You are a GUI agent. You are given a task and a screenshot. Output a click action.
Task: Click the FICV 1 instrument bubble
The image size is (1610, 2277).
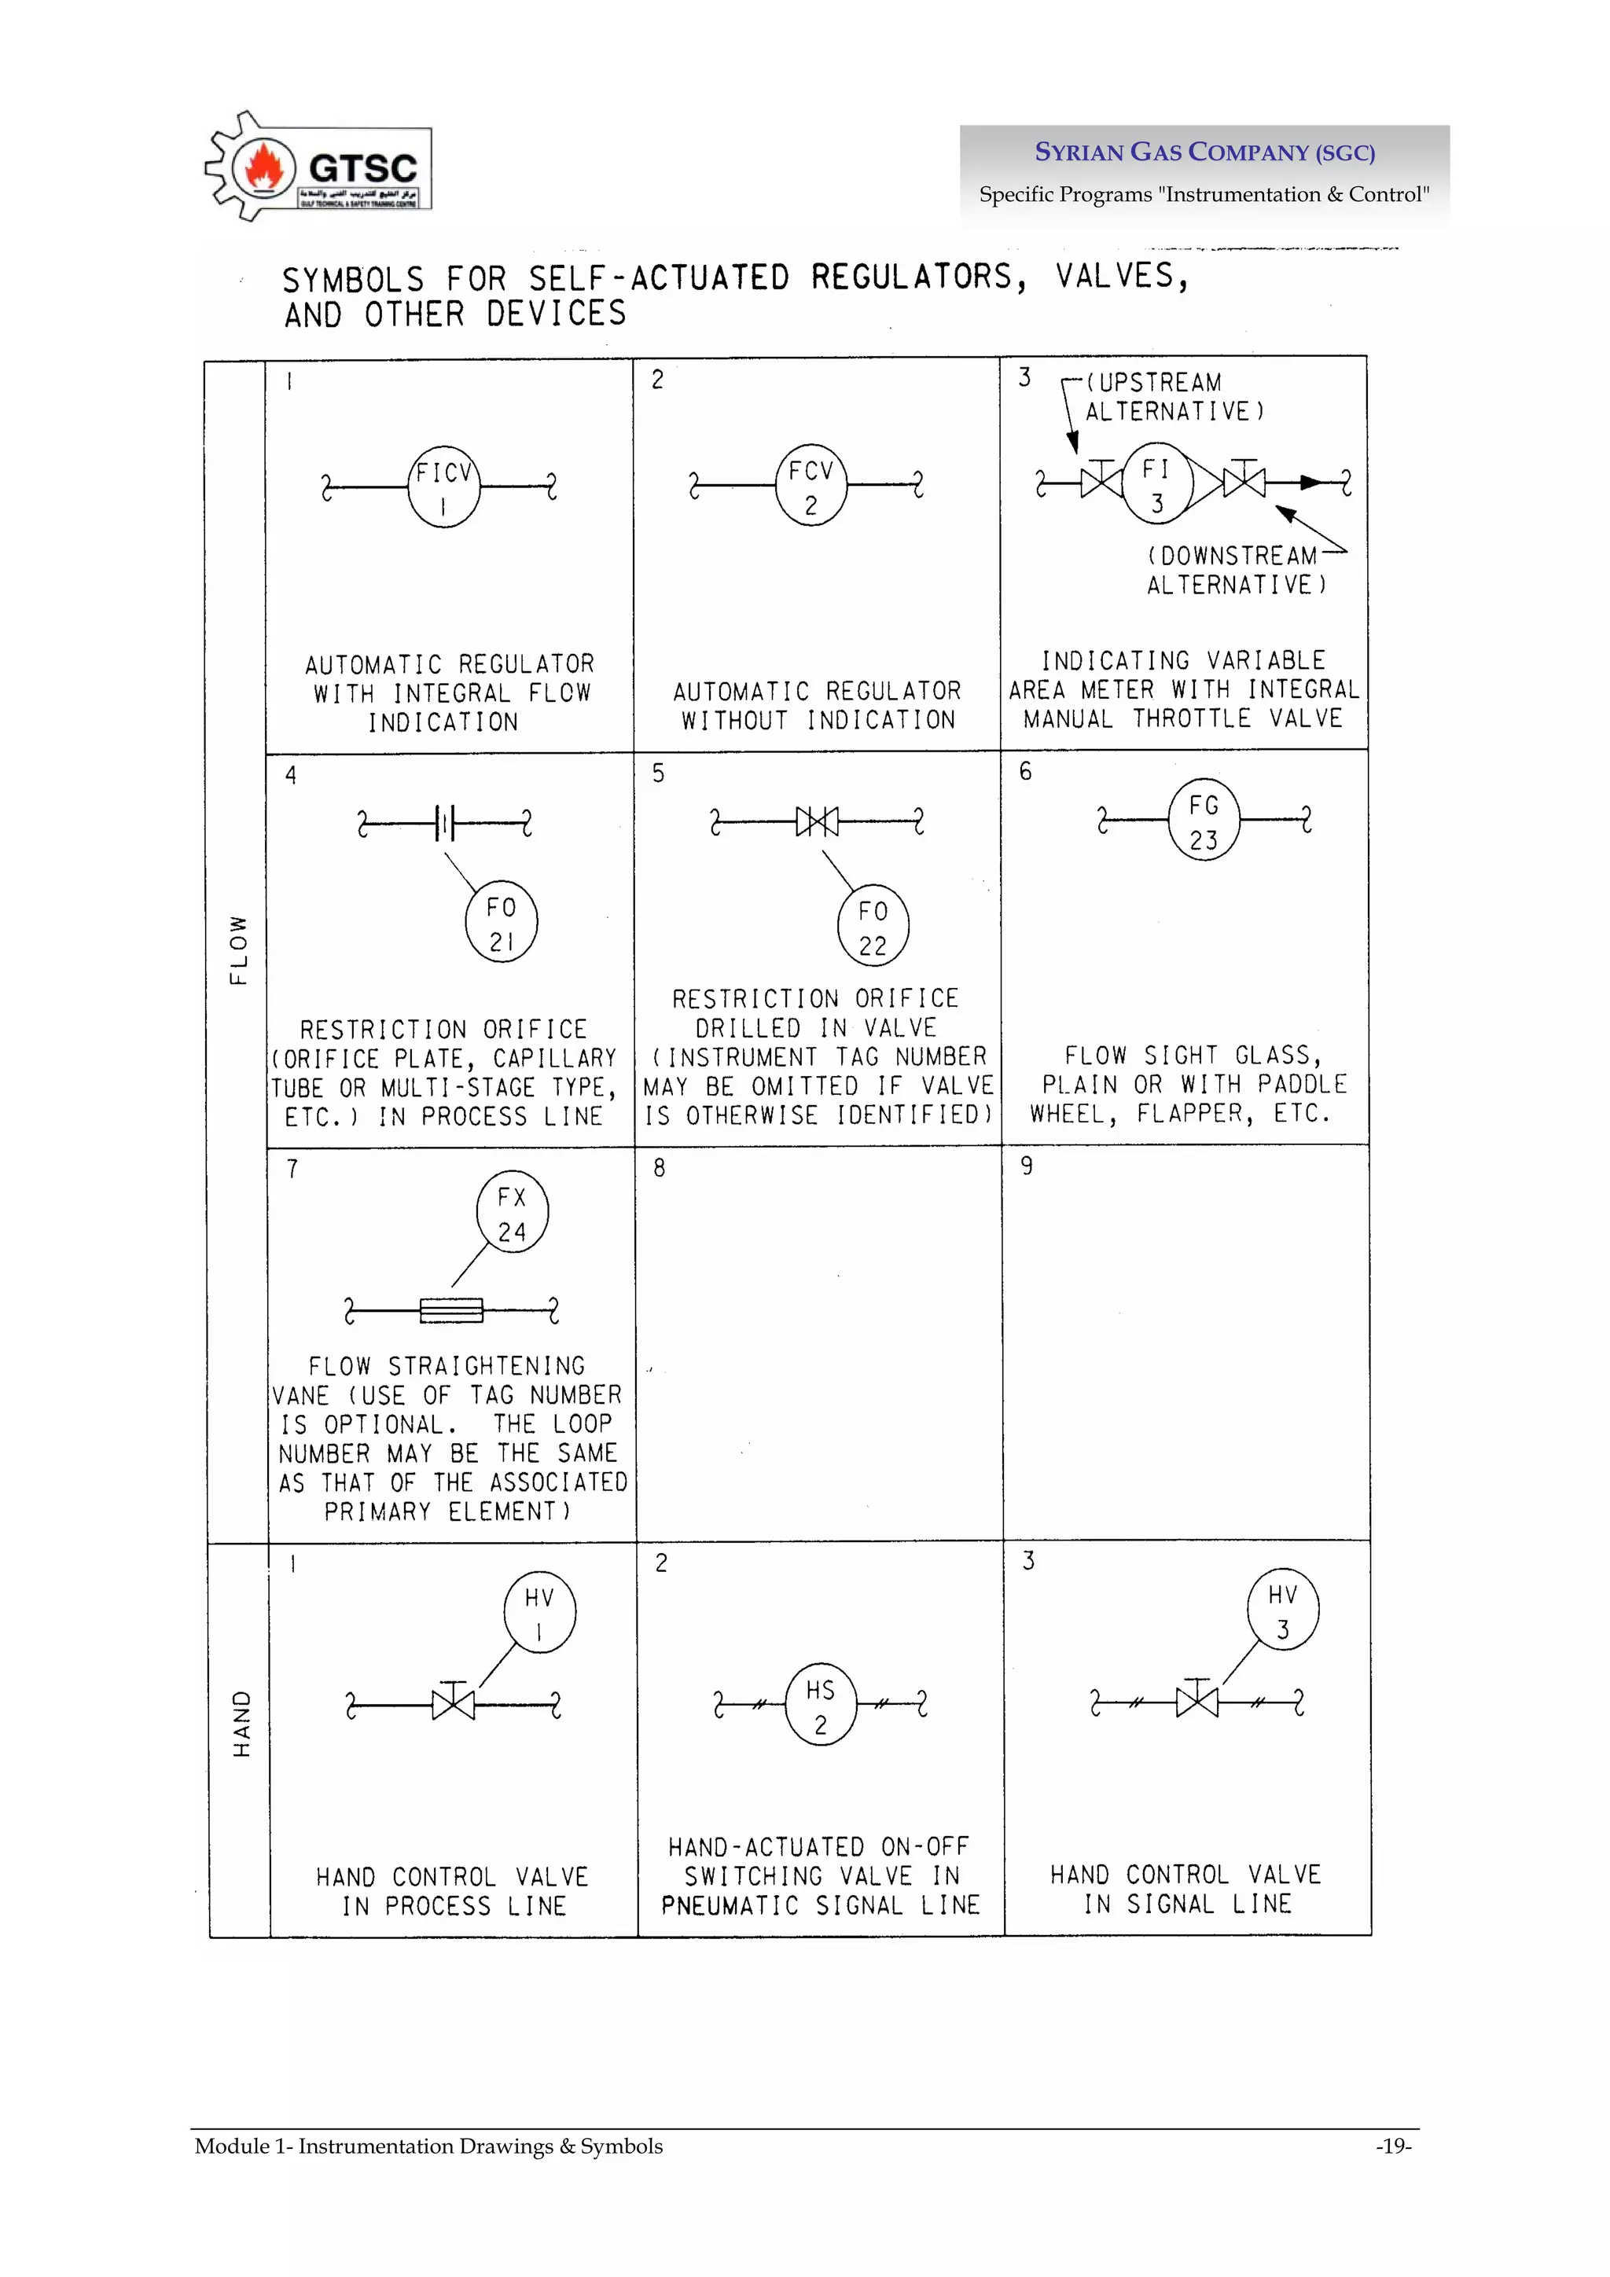point(443,487)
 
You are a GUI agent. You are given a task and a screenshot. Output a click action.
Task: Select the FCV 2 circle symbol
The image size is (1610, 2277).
point(811,485)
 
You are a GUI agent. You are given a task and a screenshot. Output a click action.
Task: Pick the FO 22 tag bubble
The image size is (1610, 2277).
point(873,926)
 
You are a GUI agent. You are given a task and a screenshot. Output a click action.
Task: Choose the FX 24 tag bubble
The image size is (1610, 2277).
point(512,1213)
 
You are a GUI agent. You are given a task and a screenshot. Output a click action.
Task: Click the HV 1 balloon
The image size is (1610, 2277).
point(539,1613)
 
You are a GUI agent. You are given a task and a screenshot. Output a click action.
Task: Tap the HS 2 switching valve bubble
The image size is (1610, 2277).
point(821,1705)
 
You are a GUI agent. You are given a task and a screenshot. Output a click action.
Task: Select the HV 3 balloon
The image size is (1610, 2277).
point(1283,1610)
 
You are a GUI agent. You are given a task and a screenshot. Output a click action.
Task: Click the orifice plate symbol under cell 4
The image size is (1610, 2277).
point(446,822)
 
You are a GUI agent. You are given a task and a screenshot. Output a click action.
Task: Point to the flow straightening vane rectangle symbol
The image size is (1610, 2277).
point(451,1311)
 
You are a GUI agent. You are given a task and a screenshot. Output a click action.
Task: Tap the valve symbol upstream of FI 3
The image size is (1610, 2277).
point(1101,482)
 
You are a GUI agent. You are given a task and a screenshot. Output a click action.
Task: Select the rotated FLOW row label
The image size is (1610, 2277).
point(238,949)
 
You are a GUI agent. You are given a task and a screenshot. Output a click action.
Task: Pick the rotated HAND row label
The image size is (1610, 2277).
point(241,1724)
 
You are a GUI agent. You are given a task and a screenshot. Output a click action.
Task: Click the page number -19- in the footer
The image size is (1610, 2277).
point(1393,2146)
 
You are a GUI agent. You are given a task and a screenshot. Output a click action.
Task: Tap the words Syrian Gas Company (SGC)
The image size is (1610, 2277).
point(1204,152)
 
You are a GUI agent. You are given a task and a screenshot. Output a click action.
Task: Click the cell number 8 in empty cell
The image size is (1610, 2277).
point(660,1168)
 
